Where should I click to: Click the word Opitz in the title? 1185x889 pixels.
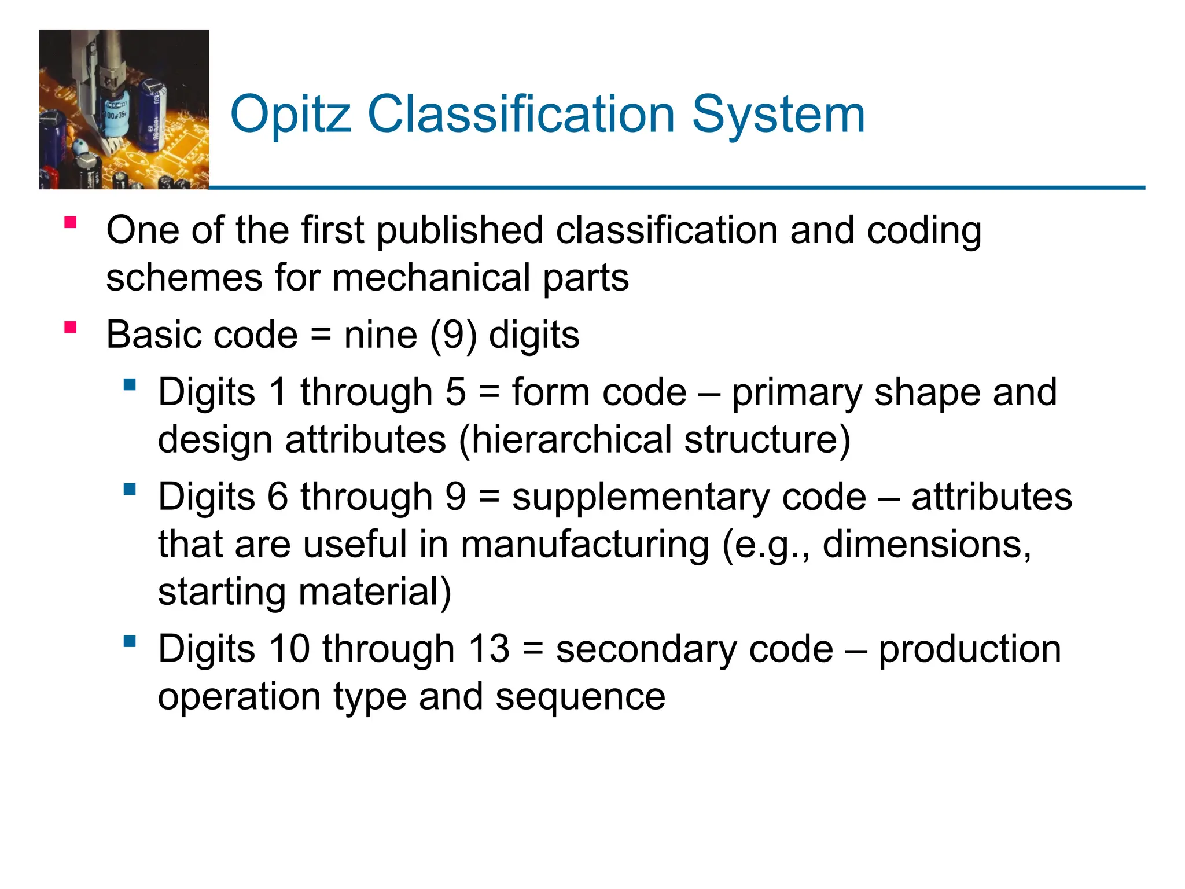[290, 115]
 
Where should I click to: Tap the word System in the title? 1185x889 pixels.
[778, 115]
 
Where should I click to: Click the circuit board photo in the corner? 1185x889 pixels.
[124, 109]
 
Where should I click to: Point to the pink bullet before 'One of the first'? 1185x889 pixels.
[71, 223]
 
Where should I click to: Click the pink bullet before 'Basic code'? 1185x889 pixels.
[71, 328]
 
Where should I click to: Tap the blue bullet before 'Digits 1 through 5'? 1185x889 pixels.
[130, 384]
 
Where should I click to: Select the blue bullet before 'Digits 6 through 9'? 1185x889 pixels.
[130, 490]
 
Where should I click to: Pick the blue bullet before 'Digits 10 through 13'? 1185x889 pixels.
[130, 641]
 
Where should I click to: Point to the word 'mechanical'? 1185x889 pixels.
[431, 278]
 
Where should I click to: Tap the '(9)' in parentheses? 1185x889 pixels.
[453, 336]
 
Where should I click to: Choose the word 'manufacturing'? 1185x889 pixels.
[585, 545]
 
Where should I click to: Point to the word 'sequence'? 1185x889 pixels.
[580, 697]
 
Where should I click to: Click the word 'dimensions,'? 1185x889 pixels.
[927, 545]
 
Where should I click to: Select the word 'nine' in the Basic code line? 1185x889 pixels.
[380, 336]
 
